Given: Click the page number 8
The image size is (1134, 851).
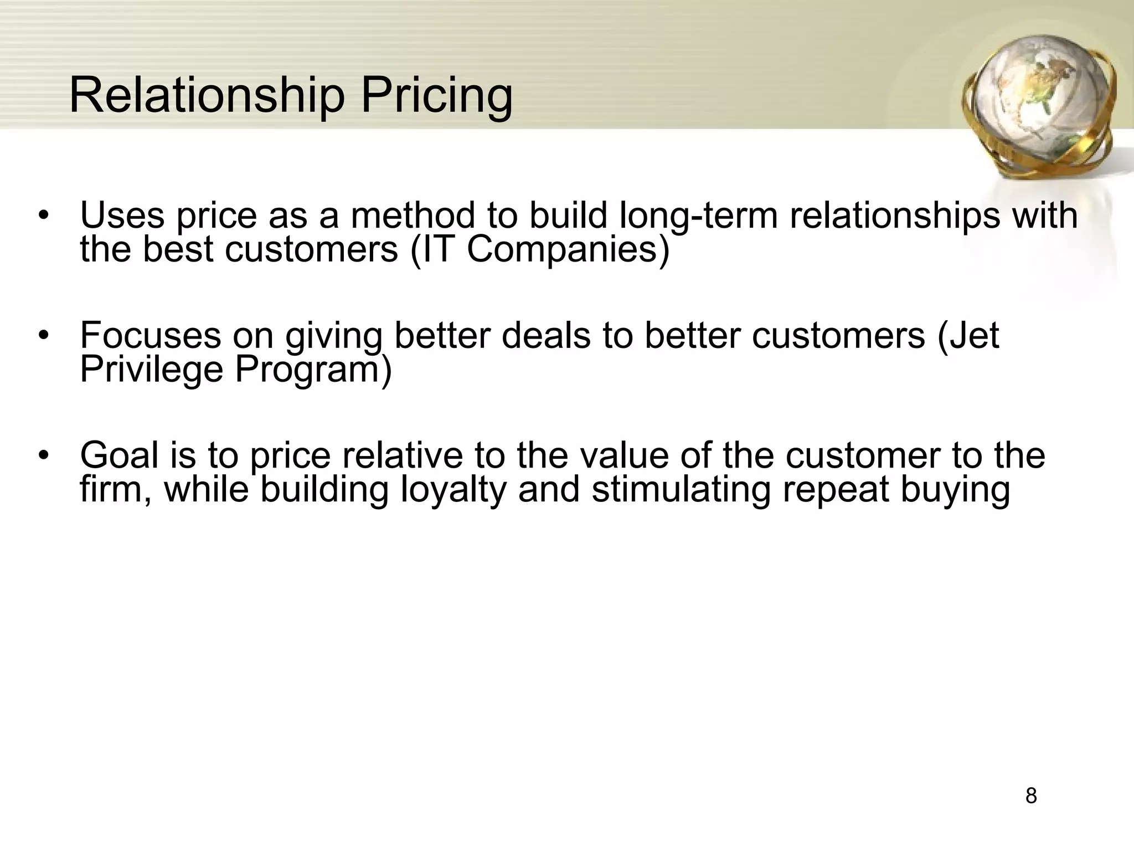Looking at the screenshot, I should click(x=1031, y=796).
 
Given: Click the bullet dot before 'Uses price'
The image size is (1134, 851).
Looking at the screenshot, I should click(x=44, y=216).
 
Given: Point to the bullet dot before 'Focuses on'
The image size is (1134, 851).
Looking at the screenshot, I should click(x=44, y=336).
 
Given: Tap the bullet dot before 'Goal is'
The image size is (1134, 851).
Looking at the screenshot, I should click(x=44, y=456).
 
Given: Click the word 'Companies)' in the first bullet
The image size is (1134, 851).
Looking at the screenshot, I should click(x=568, y=249).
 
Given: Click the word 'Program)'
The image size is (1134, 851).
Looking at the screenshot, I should click(x=313, y=370).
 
